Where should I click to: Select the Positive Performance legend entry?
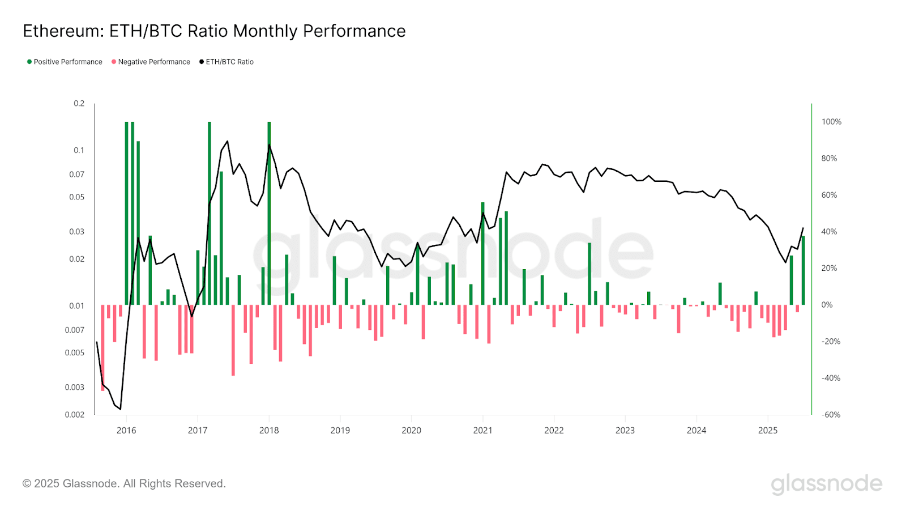click(65, 62)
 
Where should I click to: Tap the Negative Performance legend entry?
click(151, 62)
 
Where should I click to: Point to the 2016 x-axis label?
click(126, 431)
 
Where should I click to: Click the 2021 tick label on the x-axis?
click(482, 431)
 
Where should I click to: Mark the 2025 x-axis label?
click(768, 431)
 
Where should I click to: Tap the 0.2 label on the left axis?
click(79, 104)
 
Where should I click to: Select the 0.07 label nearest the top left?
click(76, 175)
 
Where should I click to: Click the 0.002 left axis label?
click(74, 415)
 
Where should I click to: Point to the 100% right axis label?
click(831, 122)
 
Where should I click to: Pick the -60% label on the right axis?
click(831, 415)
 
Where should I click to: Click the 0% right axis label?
click(827, 305)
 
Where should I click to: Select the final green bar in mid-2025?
click(803, 270)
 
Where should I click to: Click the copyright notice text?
click(124, 483)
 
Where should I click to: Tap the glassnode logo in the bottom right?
click(826, 483)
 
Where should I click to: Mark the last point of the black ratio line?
click(803, 228)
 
